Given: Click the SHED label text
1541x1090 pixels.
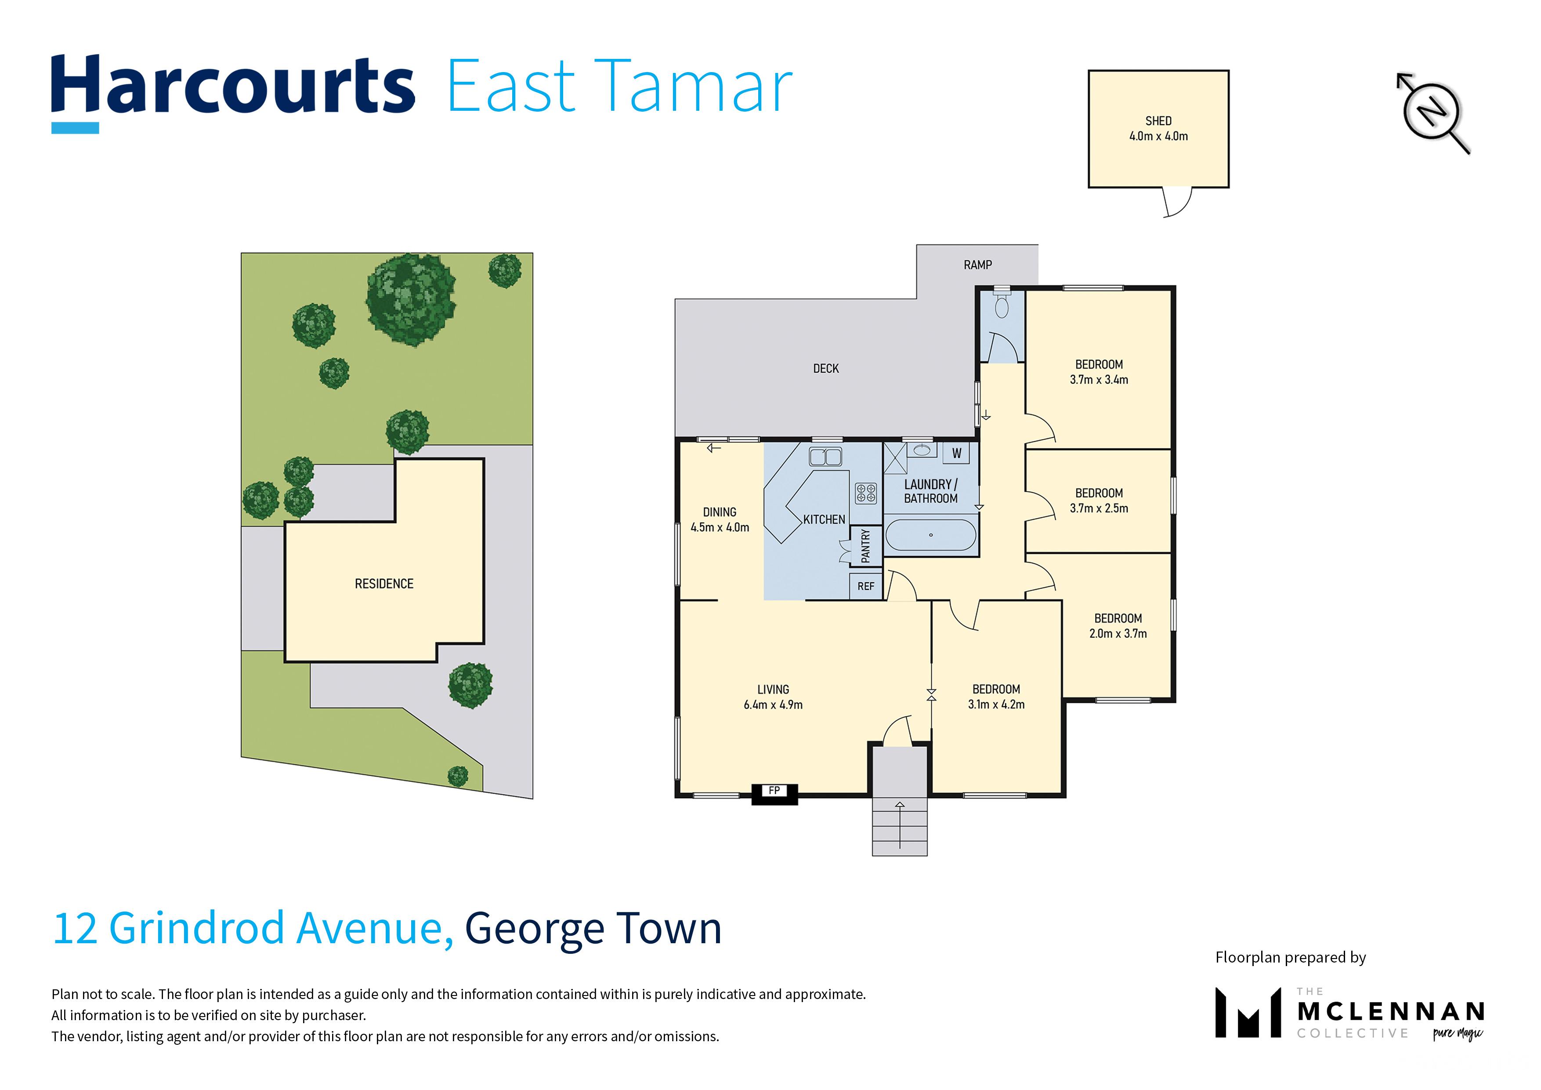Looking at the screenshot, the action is [1158, 121].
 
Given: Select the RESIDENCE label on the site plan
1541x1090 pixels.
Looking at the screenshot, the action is [384, 584].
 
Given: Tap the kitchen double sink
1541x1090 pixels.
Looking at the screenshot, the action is [825, 457].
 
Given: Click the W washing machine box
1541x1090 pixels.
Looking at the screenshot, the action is [956, 453].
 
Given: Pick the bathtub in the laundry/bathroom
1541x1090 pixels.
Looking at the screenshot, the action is [931, 535].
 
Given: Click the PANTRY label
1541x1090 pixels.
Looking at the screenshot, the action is [866, 545].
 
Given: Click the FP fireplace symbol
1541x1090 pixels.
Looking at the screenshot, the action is [774, 793].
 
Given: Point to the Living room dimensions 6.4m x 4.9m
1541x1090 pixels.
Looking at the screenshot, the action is [773, 705].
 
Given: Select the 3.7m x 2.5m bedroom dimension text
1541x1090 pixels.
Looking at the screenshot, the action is [1099, 509].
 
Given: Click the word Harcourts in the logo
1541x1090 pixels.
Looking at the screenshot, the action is [233, 87].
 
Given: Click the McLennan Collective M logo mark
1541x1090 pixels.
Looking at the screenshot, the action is [1248, 1012].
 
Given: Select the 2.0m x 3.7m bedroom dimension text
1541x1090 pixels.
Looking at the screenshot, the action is [1118, 633].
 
